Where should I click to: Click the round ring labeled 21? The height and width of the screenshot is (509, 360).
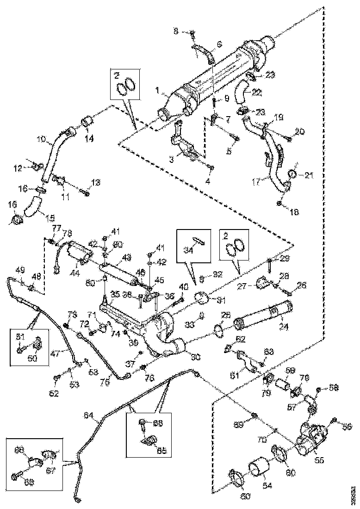click(292, 174)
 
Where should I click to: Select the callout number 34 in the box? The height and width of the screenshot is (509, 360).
click(188, 250)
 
